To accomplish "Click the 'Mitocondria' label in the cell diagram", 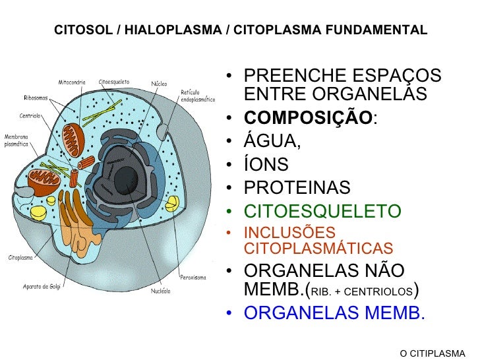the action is [73, 83].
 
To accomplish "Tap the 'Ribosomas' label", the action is [35, 97].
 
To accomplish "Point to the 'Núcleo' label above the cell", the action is [159, 84].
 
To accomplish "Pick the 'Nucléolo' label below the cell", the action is [160, 291].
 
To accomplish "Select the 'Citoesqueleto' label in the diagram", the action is [114, 83].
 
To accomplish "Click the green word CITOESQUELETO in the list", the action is [322, 212].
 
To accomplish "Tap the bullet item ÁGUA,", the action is [272, 141].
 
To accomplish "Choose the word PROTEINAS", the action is [297, 188].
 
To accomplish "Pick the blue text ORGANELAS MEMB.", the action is [334, 313].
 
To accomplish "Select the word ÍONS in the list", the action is [266, 165].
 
